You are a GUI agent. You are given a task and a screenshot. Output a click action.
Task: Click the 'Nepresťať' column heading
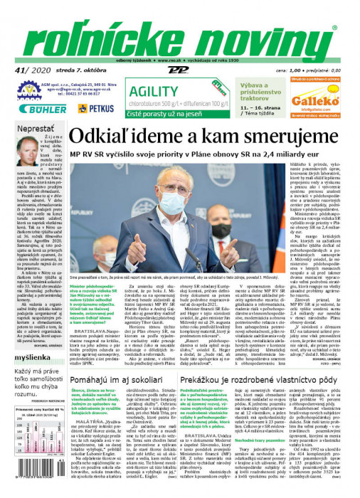(35, 128)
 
